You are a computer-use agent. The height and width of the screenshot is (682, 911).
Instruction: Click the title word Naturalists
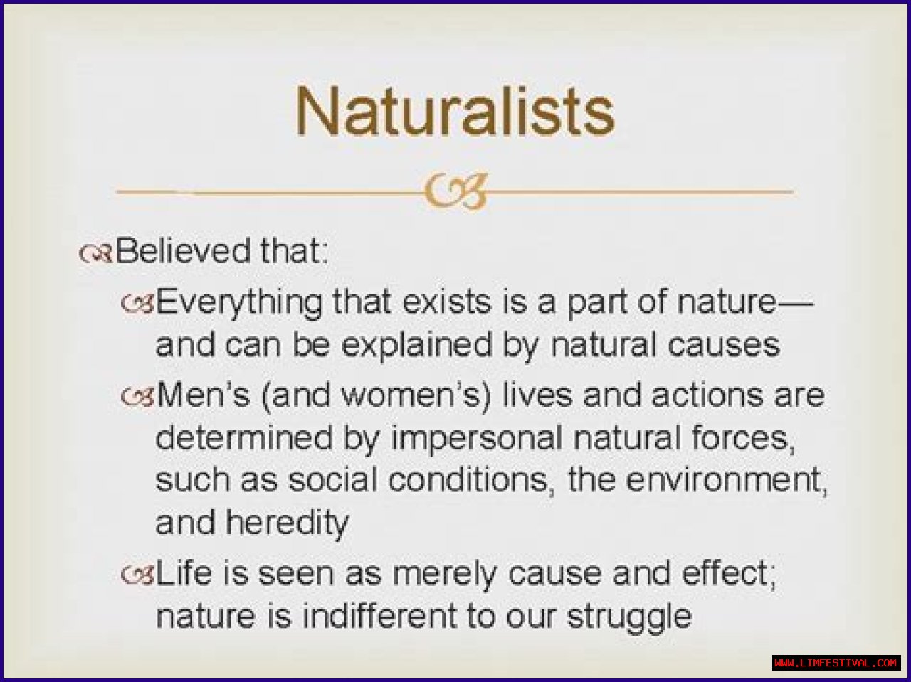455,111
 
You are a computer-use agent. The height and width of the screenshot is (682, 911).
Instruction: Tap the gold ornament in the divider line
455,191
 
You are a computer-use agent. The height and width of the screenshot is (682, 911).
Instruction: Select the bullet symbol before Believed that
95,253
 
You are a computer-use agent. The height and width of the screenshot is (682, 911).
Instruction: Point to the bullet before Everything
137,303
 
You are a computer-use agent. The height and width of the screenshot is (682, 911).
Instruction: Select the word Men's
203,395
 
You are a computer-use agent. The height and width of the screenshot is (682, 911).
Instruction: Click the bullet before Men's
137,397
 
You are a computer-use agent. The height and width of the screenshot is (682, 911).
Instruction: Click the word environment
727,481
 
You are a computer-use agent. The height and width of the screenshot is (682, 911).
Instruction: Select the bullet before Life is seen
137,575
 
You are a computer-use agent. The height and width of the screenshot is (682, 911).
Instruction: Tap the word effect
729,574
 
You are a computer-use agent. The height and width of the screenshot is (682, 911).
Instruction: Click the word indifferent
379,617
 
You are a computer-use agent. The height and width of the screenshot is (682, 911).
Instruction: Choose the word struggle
629,619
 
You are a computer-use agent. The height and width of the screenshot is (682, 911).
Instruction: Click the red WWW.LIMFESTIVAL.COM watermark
836,663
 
